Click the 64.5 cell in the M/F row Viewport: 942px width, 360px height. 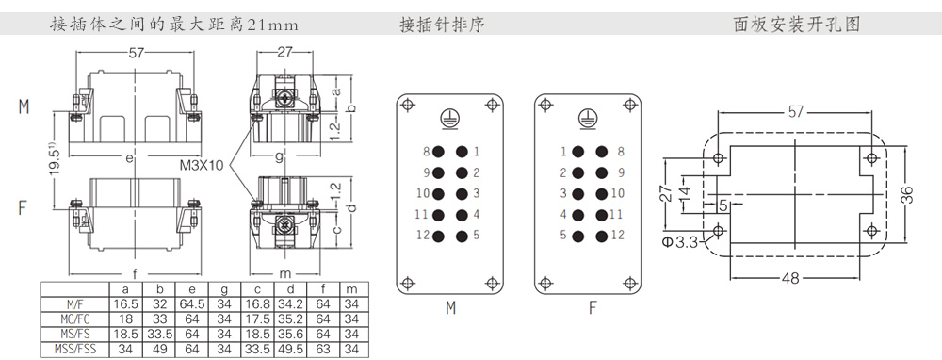tap(192, 304)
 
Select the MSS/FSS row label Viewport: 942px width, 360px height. tap(74, 348)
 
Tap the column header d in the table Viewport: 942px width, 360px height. tap(290, 289)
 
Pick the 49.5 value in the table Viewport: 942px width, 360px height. tap(290, 348)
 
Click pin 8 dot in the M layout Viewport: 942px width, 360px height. tap(439, 152)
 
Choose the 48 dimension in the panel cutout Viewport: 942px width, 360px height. tap(792, 278)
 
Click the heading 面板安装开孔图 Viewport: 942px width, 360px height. tap(797, 25)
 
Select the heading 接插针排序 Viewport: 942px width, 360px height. tap(442, 25)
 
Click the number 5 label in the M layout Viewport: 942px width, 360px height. tap(476, 235)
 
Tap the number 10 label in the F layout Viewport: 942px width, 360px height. tap(618, 193)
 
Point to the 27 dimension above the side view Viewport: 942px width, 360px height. tap(284, 52)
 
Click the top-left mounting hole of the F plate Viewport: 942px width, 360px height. tap(544, 105)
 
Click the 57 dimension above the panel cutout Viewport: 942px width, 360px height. tap(795, 112)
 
